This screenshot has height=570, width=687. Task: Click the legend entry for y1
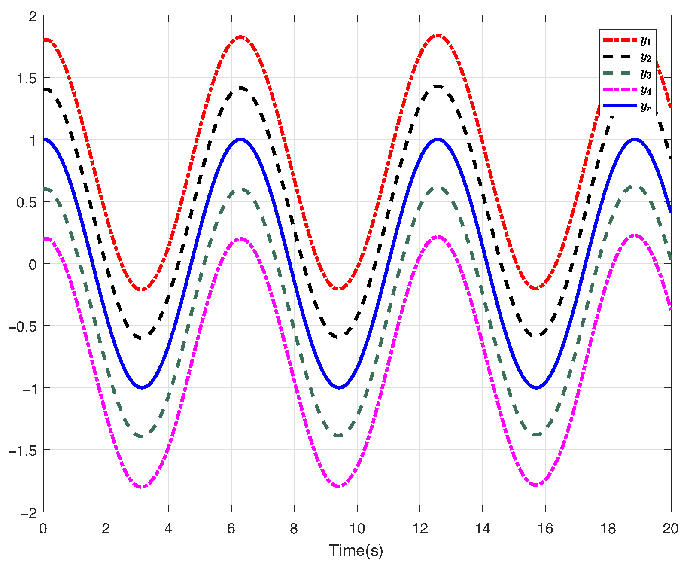(x=627, y=40)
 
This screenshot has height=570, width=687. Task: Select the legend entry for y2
(x=627, y=57)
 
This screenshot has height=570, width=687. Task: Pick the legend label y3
(x=627, y=73)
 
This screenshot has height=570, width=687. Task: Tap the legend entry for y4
(x=627, y=90)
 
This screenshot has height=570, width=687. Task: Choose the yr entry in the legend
(x=627, y=106)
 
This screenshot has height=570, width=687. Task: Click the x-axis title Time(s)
(x=356, y=550)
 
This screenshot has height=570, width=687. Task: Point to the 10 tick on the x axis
(x=357, y=529)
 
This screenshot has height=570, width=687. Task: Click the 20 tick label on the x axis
(x=670, y=529)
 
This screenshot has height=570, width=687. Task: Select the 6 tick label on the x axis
(x=231, y=529)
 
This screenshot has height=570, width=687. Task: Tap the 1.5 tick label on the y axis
(x=27, y=78)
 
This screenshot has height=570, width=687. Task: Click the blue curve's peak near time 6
(x=240, y=140)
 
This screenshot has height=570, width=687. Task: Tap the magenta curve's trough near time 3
(x=142, y=487)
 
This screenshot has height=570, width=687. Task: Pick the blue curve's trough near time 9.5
(x=339, y=387)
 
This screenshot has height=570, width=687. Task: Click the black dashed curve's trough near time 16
(x=536, y=335)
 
